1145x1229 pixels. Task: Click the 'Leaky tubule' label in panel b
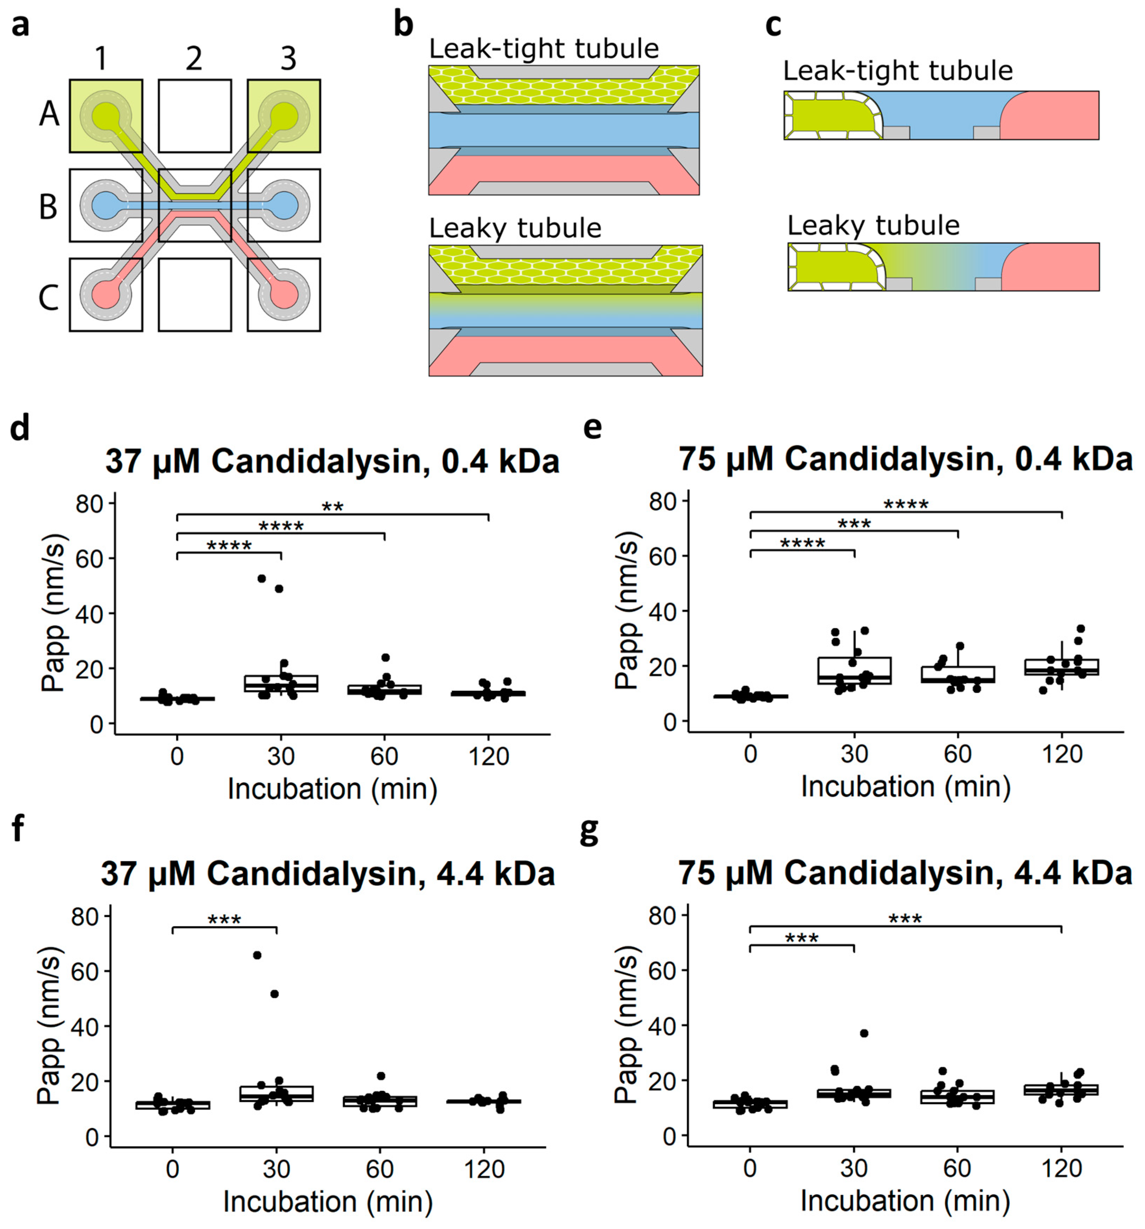tap(514, 228)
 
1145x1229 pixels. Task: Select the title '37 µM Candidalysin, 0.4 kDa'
tap(332, 461)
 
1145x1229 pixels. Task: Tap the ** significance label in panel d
tap(333, 507)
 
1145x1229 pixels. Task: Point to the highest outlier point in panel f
tap(257, 955)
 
